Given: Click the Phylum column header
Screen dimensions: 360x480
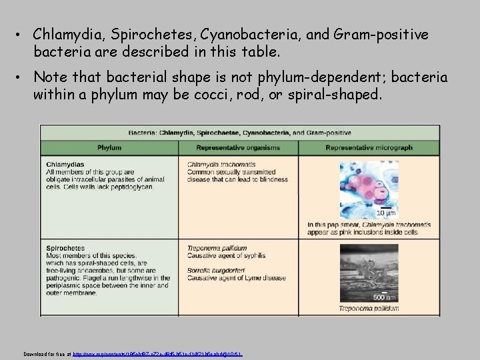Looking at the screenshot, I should coord(109,147).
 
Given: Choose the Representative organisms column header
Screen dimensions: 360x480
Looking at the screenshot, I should coord(238,147).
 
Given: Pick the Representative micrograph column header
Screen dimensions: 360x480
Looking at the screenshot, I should coord(369,147).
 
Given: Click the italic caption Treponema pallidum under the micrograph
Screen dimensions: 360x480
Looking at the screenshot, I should coord(369,309).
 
